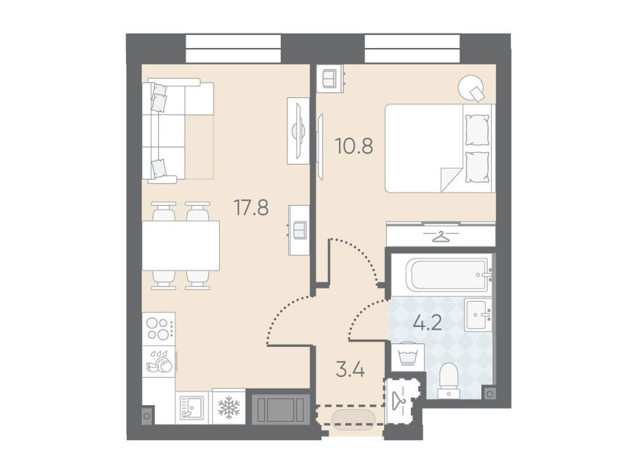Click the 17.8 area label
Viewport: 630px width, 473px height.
pos(252,208)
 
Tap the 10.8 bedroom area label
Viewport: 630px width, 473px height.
pos(354,147)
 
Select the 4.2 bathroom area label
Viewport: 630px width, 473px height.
pos(428,323)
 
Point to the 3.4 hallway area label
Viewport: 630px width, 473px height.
pos(350,370)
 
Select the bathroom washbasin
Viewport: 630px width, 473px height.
pos(478,315)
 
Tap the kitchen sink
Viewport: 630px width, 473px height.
pos(192,408)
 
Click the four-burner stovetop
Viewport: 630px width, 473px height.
pos(159,329)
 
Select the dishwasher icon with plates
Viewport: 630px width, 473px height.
pos(159,361)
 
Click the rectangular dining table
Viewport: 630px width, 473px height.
pos(181,245)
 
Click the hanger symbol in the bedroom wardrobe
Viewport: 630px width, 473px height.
pos(441,236)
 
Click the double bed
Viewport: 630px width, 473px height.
pos(440,148)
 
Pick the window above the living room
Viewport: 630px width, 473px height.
pos(233,49)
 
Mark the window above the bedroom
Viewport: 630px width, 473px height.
pos(412,49)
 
